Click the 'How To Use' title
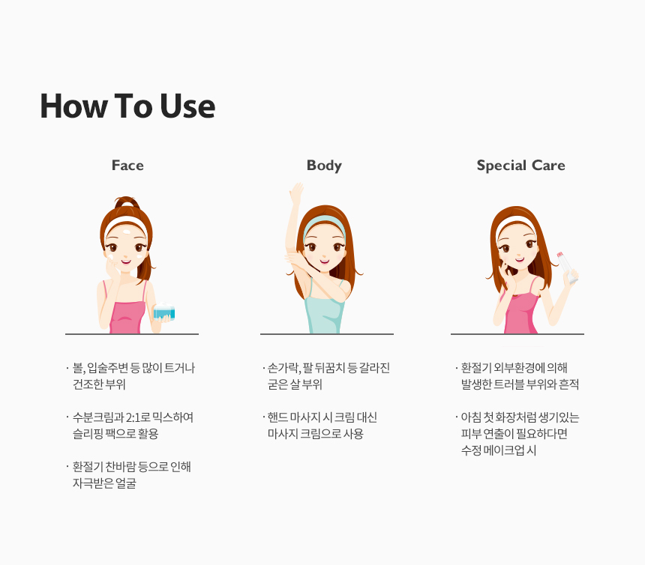[x=127, y=106]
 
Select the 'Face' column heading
[x=127, y=165]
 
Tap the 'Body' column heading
[x=324, y=166]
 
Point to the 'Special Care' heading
[x=520, y=166]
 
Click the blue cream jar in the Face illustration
[x=164, y=312]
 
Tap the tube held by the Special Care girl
[x=567, y=267]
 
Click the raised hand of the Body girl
[x=296, y=192]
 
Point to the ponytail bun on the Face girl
[x=126, y=202]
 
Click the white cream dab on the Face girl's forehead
[x=127, y=232]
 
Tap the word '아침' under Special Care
[x=470, y=417]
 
